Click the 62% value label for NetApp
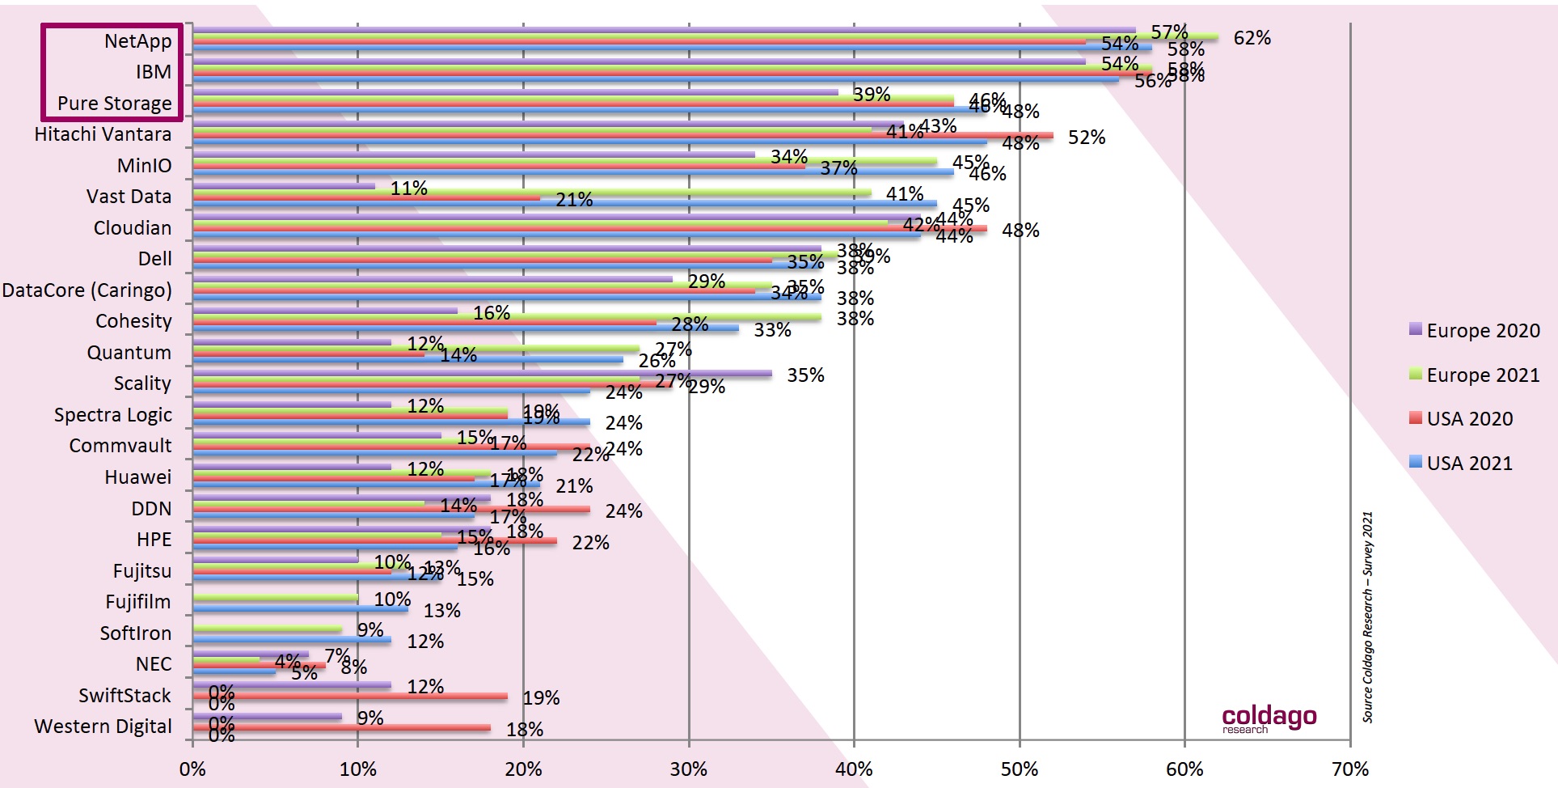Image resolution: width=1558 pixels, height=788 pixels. (x=1252, y=38)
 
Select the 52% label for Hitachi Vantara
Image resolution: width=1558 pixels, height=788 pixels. (x=1086, y=138)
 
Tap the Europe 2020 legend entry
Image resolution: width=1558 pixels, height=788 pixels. (x=1474, y=331)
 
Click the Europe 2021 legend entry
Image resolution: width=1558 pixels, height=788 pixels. (x=1474, y=375)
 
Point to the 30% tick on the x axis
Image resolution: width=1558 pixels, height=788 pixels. (x=689, y=769)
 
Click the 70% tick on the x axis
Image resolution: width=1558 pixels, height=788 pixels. (x=1350, y=769)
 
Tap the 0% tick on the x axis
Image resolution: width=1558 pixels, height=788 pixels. (x=192, y=769)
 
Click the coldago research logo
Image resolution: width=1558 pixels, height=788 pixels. (x=1269, y=718)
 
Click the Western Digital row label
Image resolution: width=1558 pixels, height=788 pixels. (x=103, y=727)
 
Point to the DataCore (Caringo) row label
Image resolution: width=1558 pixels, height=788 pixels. (x=87, y=290)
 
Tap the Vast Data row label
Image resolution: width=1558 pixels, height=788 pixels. (x=129, y=197)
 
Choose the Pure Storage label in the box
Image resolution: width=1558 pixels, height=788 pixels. (x=114, y=104)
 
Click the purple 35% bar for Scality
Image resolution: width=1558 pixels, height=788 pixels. (x=482, y=374)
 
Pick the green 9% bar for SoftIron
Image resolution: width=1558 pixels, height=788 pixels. (x=267, y=629)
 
